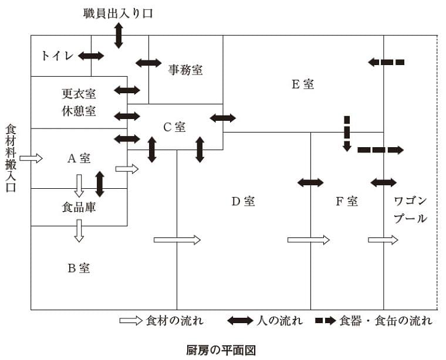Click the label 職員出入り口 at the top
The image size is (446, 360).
(118, 13)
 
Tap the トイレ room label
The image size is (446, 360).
(57, 56)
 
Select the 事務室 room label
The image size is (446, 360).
(185, 70)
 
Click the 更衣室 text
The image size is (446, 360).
(79, 93)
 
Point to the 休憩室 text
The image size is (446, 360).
(79, 111)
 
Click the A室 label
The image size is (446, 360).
(78, 158)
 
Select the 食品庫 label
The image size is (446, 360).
(79, 208)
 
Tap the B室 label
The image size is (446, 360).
(78, 268)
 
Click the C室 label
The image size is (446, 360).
(174, 126)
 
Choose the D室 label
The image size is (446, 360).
(242, 201)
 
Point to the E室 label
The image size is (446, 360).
(303, 84)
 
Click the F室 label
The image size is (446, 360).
(346, 201)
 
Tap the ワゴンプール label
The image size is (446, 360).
(410, 209)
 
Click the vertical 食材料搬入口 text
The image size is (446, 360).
(11, 158)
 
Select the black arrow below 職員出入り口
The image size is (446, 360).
(119, 36)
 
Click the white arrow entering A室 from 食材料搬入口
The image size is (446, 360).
(31, 158)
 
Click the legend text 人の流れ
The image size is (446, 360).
(280, 321)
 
